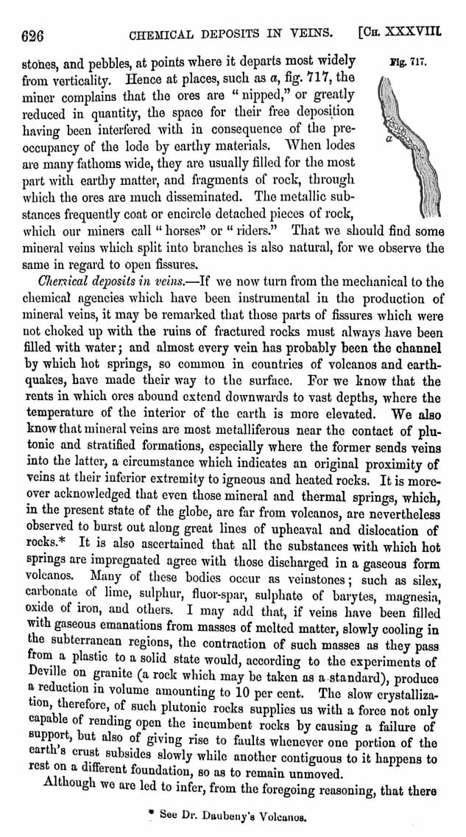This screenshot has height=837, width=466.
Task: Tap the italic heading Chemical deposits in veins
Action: [107, 281]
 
